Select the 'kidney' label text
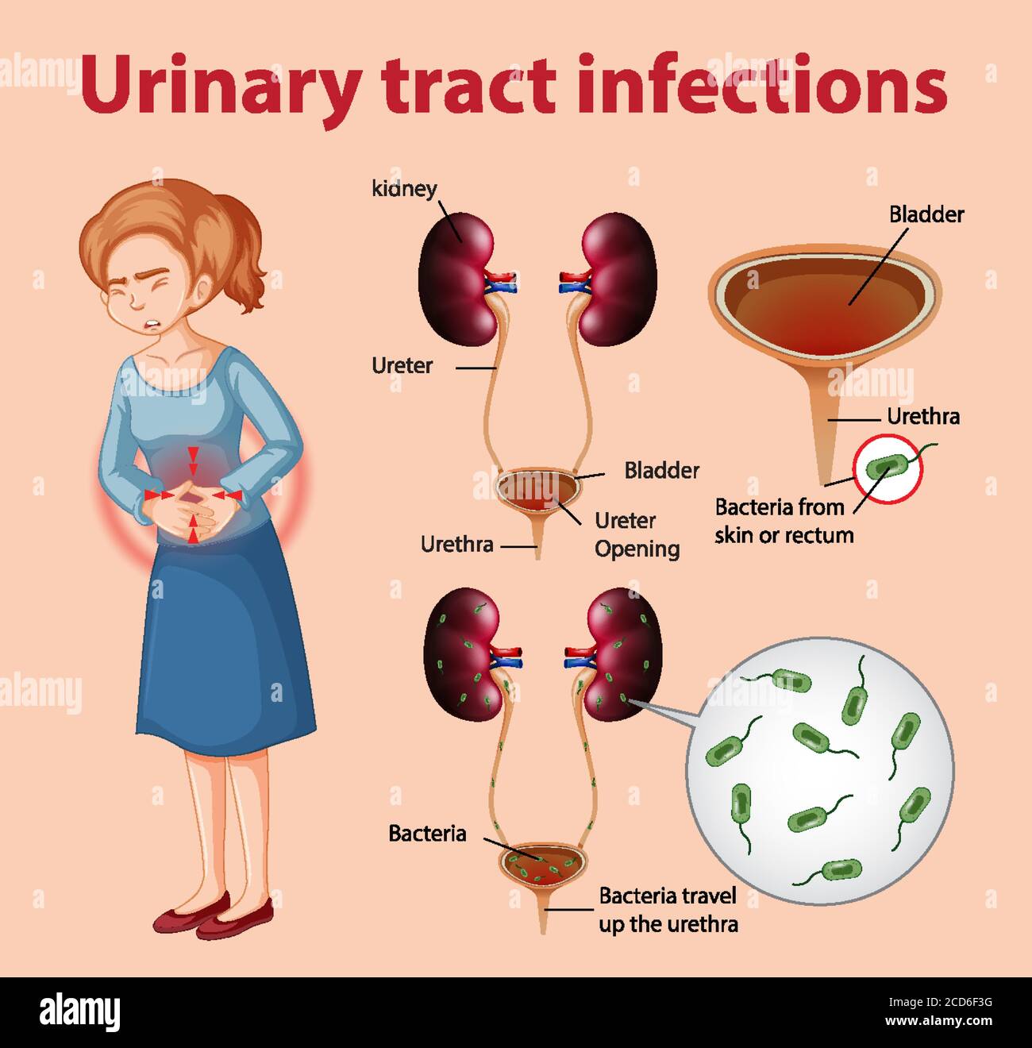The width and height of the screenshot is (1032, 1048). (404, 189)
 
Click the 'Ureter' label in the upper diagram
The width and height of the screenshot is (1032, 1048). (402, 366)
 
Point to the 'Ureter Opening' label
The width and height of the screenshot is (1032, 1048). (637, 534)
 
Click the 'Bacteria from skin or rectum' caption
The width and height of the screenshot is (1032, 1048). (783, 521)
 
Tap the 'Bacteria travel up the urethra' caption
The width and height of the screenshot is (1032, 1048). (668, 910)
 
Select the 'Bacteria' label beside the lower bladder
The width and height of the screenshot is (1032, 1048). (427, 834)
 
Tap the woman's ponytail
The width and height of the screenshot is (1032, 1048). (246, 246)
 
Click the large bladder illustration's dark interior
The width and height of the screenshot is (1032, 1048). (822, 306)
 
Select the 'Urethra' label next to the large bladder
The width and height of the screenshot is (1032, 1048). (922, 417)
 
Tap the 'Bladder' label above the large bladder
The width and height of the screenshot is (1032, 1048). (926, 214)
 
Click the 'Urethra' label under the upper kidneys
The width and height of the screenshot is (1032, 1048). (456, 545)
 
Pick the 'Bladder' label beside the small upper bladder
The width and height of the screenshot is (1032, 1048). (661, 470)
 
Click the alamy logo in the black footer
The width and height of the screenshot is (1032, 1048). (79, 1012)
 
